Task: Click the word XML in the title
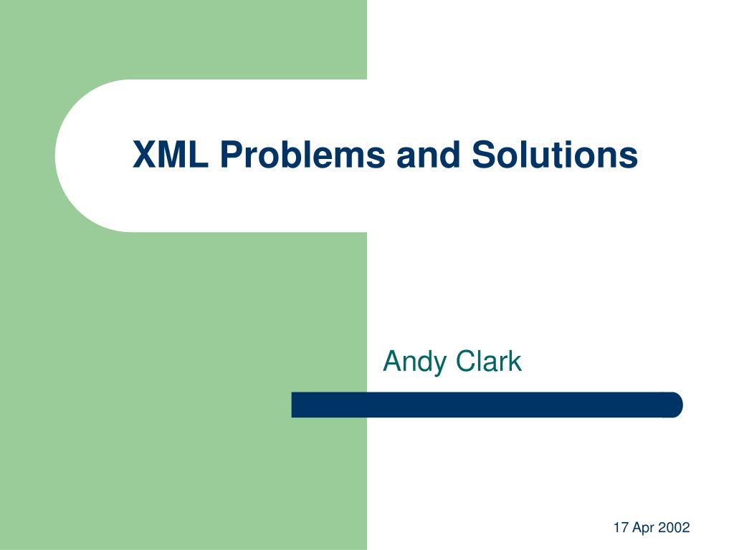171,155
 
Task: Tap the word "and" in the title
429,154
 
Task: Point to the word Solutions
555,154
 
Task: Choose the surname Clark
488,361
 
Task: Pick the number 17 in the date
621,528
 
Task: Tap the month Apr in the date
643,529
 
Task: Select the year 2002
674,528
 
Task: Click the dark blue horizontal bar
487,405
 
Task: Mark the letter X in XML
145,155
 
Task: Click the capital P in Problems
232,155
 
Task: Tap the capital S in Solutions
484,155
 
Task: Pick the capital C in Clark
465,361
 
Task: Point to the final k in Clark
516,361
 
